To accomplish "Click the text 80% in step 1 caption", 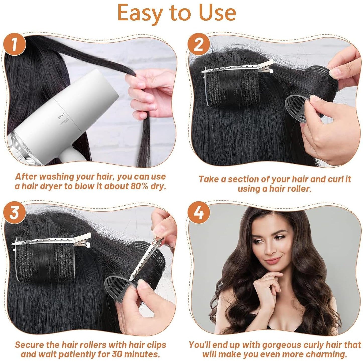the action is tap(139, 186).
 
